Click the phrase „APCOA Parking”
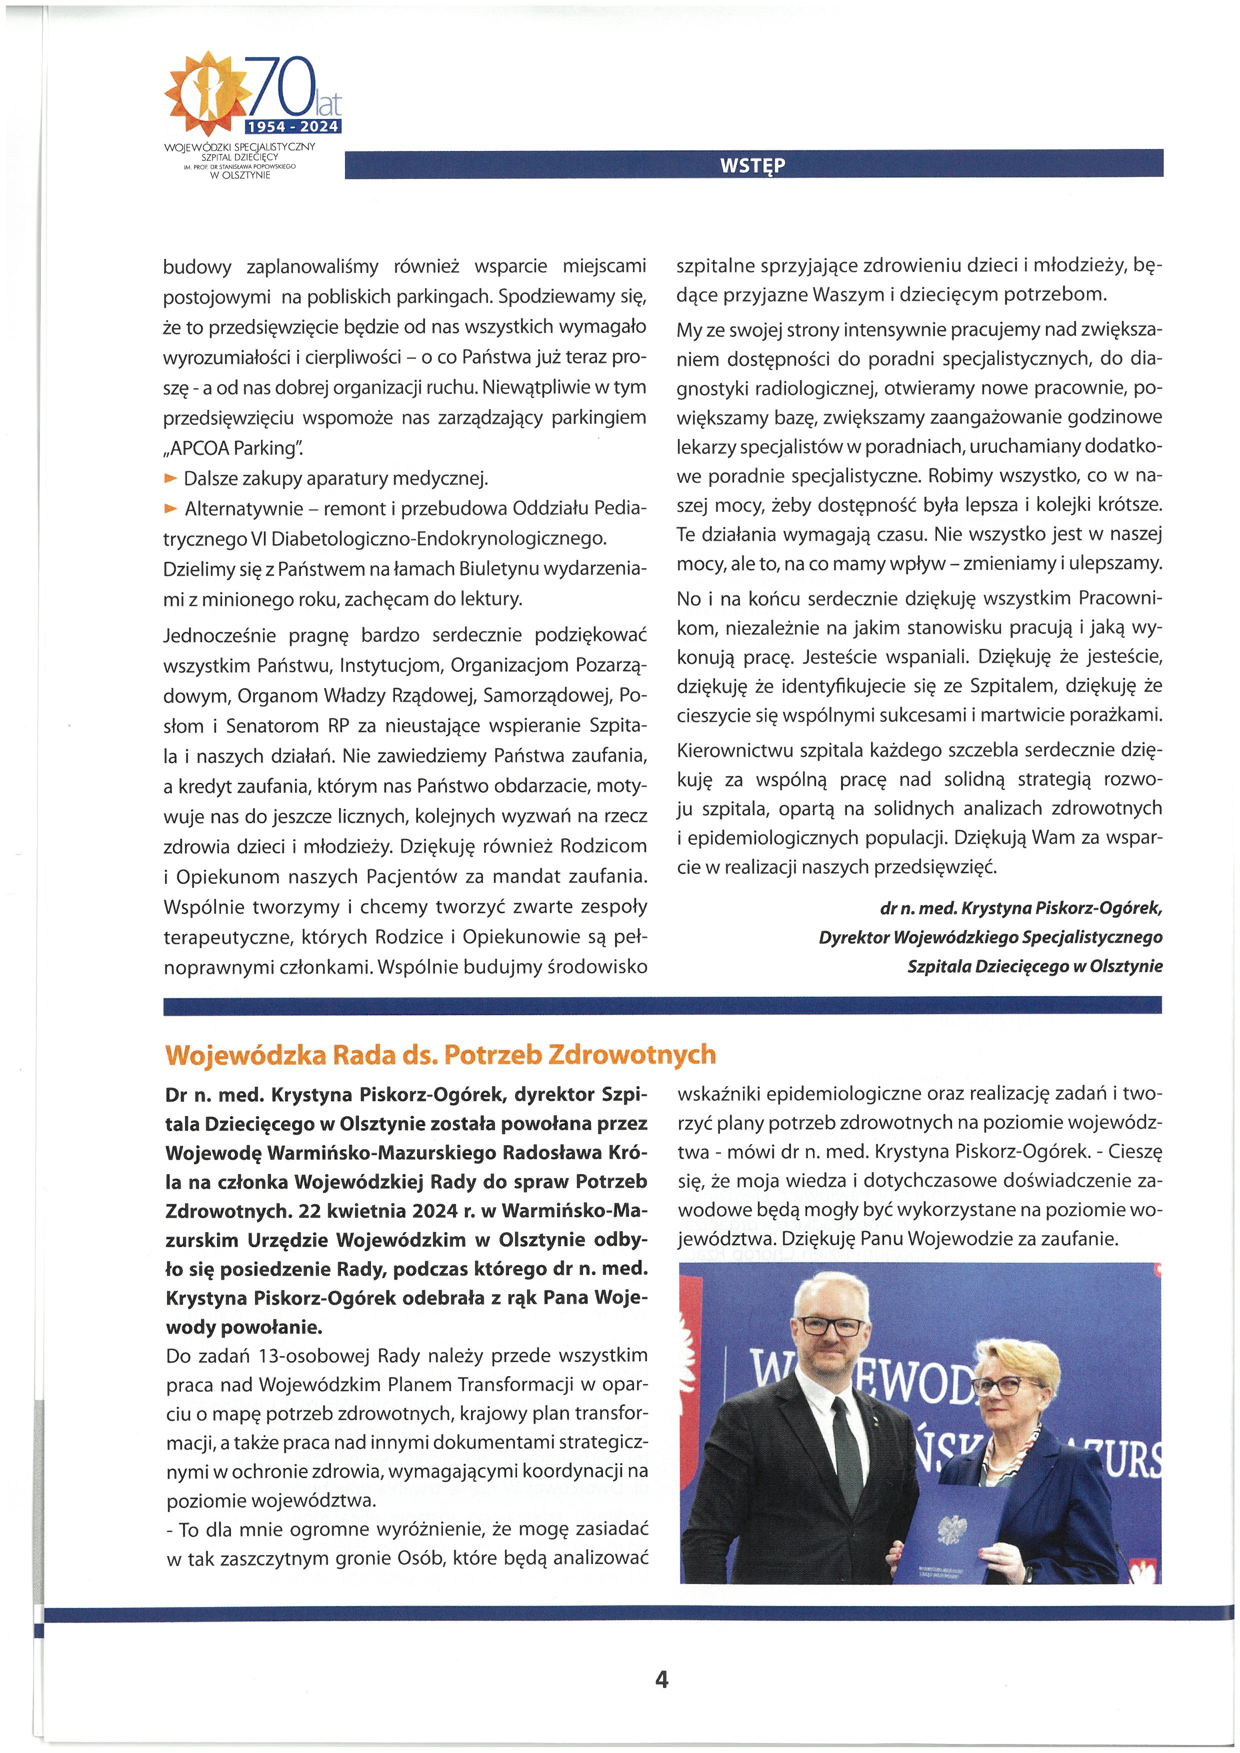click(233, 448)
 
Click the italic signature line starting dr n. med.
click(1021, 909)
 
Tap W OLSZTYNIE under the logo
click(240, 175)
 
